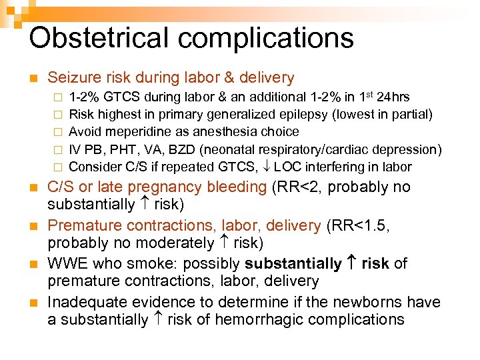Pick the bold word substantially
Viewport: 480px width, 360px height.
[294, 263]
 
